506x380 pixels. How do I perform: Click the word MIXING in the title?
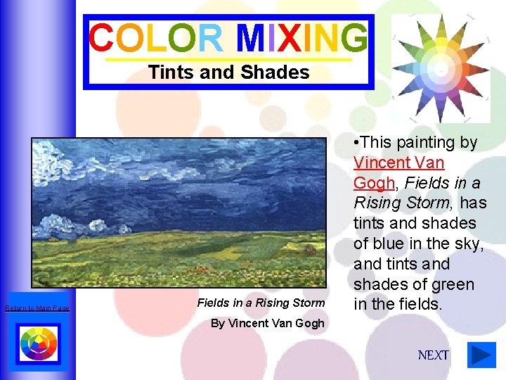tap(302, 39)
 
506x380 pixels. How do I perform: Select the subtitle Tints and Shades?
tap(228, 72)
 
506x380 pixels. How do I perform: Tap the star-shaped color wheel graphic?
tap(440, 69)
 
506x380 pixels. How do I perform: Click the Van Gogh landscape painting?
tap(179, 210)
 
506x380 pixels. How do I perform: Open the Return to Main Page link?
tap(37, 308)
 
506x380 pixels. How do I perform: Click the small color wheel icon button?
tap(37, 344)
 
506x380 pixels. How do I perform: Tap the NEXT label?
tap(433, 355)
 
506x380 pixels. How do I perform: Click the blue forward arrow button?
tap(481, 355)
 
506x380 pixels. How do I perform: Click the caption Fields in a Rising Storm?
tap(261, 303)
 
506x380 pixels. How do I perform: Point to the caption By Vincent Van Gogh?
tap(268, 323)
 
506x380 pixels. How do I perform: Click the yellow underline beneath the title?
tap(228, 59)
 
